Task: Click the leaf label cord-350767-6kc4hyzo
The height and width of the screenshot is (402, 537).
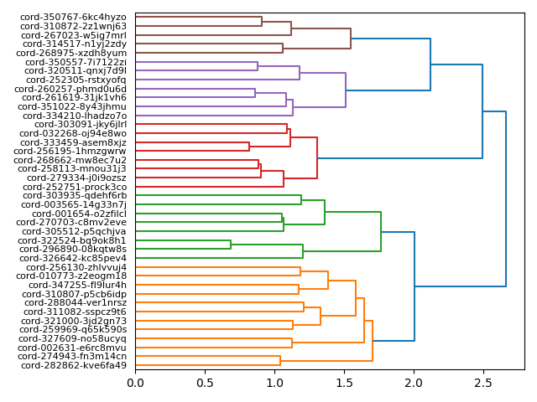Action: click(x=74, y=17)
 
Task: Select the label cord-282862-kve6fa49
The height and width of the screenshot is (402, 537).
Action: click(x=74, y=365)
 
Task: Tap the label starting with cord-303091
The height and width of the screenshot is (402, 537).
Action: click(x=81, y=124)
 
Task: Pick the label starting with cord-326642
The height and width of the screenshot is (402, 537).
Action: click(x=75, y=258)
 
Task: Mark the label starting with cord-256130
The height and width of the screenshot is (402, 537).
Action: click(x=76, y=267)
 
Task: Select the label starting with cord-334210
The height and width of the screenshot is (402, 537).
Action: click(x=76, y=116)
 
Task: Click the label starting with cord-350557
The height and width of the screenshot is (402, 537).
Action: click(x=76, y=62)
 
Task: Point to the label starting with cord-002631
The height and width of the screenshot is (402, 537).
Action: click(x=75, y=348)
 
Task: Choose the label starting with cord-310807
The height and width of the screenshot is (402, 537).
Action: click(x=76, y=294)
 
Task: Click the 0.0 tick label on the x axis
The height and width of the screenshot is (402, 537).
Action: click(x=135, y=383)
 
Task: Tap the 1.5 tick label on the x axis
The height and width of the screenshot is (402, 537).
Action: click(x=344, y=383)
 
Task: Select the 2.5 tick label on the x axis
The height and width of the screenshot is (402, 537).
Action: click(x=483, y=383)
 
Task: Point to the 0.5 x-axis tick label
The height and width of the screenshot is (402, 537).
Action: click(x=205, y=383)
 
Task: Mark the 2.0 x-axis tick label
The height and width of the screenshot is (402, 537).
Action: click(x=414, y=383)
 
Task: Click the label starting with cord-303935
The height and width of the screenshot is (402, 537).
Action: click(x=76, y=196)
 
